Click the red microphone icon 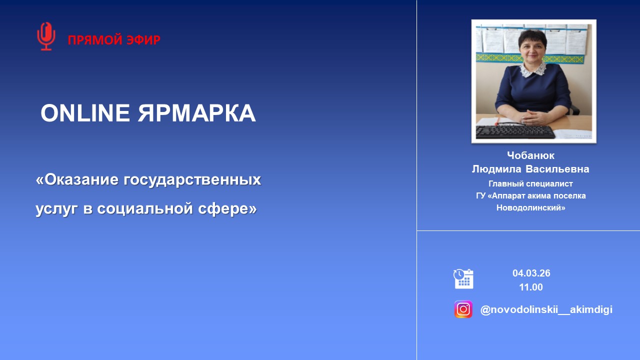pos(46,36)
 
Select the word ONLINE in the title pos(85,113)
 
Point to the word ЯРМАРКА pos(197,113)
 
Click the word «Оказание pos(77,179)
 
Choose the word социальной pos(145,208)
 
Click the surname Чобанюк pos(530,155)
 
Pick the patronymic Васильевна pos(557,169)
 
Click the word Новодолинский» pos(530,207)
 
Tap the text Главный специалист pos(530,183)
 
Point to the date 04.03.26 pos(531,273)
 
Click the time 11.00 pos(531,287)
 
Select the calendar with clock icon pos(463,278)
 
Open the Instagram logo pos(463,309)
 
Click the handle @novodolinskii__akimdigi pos(546,309)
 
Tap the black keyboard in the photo pos(515,132)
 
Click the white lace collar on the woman pos(533,70)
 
